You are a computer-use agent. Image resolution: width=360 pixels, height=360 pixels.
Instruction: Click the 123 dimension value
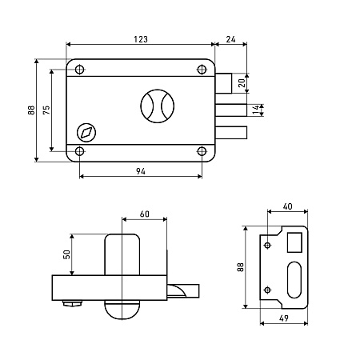(x=141, y=39)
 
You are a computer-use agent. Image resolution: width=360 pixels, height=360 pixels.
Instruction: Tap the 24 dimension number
(x=230, y=39)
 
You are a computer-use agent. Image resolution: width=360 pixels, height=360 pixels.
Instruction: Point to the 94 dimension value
(x=141, y=171)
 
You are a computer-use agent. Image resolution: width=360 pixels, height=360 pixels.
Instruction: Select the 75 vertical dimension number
(x=46, y=110)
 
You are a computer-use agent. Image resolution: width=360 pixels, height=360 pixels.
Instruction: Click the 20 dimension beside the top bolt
(x=242, y=83)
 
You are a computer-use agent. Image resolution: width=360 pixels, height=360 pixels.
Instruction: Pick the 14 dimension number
(x=256, y=110)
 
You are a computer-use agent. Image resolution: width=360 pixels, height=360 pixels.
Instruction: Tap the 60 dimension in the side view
(x=145, y=214)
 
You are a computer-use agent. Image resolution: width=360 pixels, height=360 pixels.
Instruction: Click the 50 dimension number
(x=66, y=254)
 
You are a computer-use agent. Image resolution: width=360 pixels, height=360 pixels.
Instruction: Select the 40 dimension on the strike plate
(x=287, y=206)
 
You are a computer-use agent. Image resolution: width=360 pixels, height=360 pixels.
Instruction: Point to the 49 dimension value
(x=284, y=318)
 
